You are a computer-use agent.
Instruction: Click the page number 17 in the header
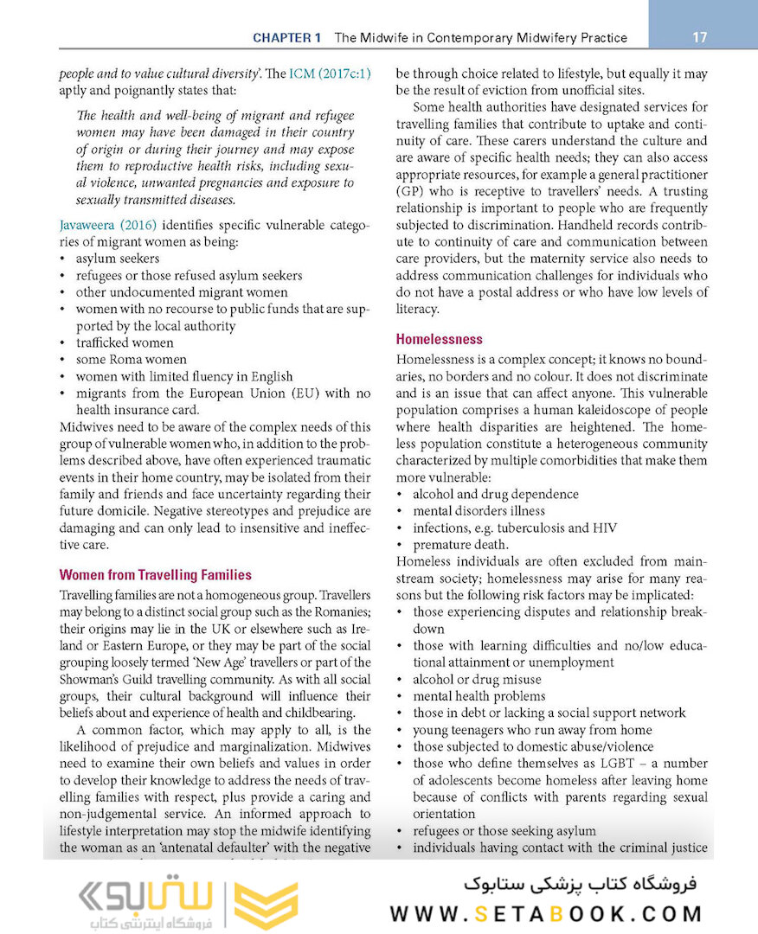[700, 37]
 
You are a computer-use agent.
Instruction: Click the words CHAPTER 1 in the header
[287, 38]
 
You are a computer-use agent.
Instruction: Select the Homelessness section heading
[439, 340]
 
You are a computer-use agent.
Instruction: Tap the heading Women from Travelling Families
[156, 575]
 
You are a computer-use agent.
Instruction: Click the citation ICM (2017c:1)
[330, 74]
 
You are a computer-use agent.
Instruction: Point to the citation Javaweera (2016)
[108, 225]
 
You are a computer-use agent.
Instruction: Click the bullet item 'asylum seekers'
[118, 259]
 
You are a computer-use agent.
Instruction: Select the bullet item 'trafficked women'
[125, 342]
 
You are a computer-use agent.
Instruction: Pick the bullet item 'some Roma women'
[131, 360]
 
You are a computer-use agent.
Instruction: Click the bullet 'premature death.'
[460, 545]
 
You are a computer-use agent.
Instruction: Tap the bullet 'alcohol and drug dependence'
[496, 495]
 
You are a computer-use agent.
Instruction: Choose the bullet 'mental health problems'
[479, 696]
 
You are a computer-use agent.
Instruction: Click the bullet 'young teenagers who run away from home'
[532, 730]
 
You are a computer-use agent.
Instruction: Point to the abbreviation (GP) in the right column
[411, 191]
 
